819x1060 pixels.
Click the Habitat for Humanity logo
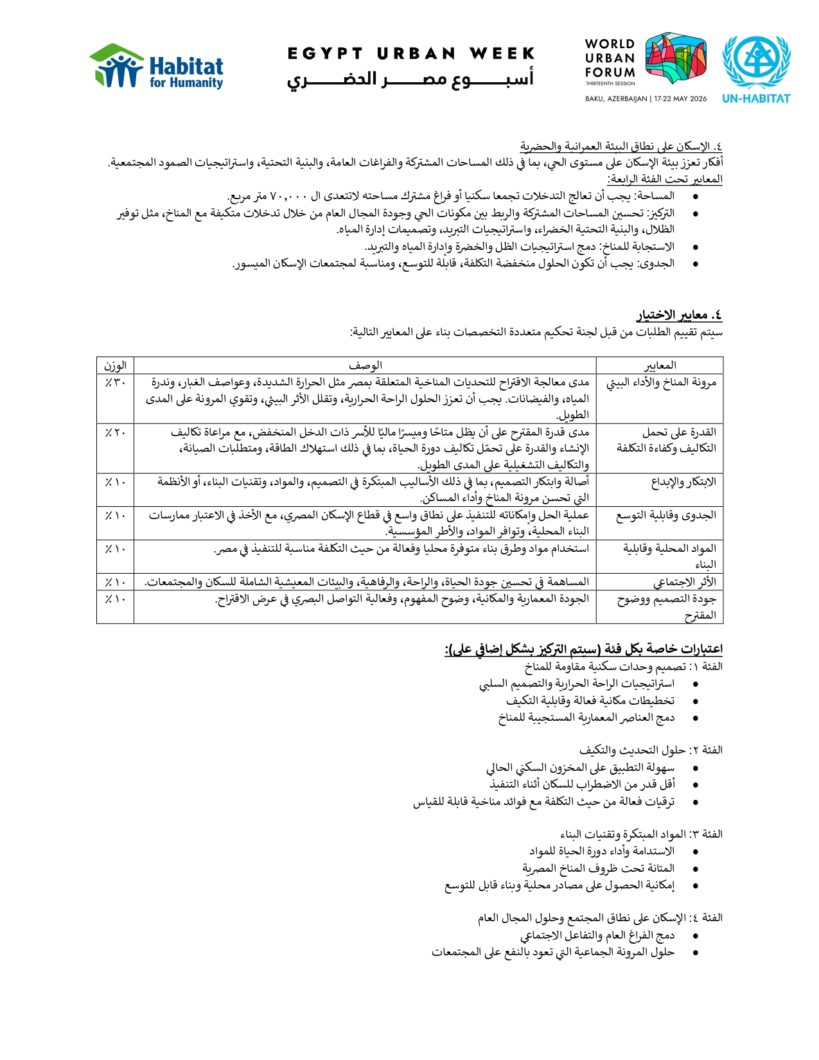click(156, 66)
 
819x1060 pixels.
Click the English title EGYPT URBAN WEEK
click(411, 53)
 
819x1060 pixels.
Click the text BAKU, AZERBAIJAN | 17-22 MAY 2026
click(646, 99)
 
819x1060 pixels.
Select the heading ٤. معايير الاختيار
click(680, 315)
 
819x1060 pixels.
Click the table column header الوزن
click(115, 366)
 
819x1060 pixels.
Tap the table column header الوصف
click(365, 366)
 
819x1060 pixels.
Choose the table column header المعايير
click(660, 366)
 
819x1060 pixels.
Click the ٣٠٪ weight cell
click(116, 383)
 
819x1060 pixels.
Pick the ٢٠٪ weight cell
click(116, 433)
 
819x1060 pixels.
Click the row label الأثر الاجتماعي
click(684, 582)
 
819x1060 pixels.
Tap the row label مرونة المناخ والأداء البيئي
click(661, 383)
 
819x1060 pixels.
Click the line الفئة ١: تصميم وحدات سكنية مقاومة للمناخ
click(623, 667)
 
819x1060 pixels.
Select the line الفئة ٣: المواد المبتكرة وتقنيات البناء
click(641, 834)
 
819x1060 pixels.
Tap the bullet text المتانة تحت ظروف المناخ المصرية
click(598, 869)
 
